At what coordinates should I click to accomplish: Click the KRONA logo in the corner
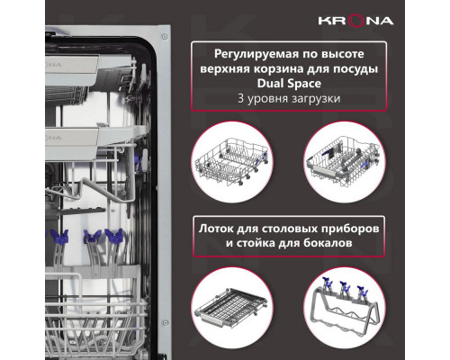tap(355, 21)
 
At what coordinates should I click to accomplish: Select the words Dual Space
tap(289, 84)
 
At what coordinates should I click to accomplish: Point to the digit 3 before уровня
tap(240, 98)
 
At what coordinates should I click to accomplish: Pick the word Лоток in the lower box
tap(216, 229)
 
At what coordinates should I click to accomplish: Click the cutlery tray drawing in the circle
tap(230, 308)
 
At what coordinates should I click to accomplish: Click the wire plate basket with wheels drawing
tap(231, 162)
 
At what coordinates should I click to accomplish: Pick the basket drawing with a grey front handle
tap(344, 160)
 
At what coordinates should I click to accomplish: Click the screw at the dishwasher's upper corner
tap(165, 37)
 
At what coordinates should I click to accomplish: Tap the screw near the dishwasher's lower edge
tap(165, 323)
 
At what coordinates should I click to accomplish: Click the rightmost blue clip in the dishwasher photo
tap(114, 236)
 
